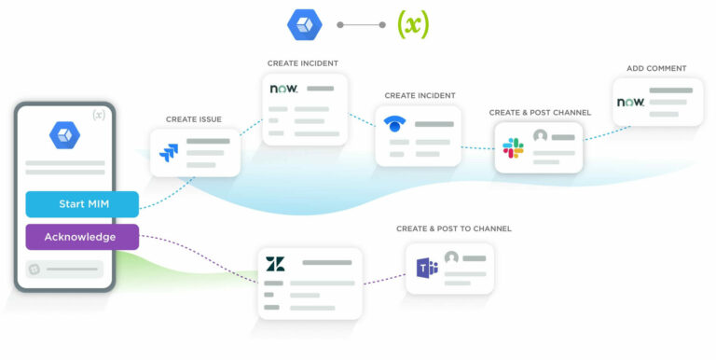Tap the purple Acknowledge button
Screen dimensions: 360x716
coord(81,237)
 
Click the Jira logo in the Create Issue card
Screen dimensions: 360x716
coord(169,152)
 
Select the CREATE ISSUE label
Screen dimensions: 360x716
coord(195,119)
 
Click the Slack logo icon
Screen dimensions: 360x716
coord(513,147)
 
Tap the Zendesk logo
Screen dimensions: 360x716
coord(275,264)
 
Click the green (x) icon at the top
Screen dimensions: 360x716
coord(413,24)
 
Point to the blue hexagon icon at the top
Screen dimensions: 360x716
coord(303,24)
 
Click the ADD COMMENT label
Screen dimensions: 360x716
coord(656,68)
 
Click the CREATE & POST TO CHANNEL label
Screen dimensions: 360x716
coord(454,228)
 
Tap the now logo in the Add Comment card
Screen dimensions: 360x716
coord(631,102)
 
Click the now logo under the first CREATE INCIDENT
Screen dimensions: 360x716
coord(283,89)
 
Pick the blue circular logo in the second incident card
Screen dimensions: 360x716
coord(394,124)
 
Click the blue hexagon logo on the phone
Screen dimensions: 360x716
coord(64,134)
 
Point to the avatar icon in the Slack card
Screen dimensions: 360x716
coord(540,136)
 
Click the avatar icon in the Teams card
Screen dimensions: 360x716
coord(452,257)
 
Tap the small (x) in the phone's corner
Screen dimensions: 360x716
coord(99,115)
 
